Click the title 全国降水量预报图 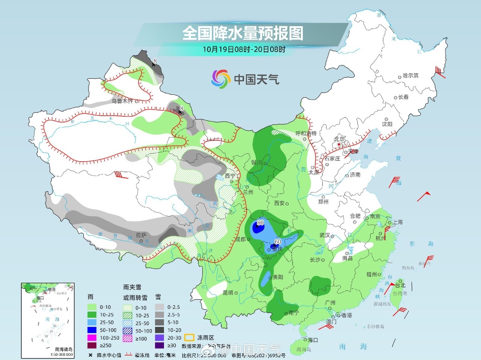pyautogui.click(x=242, y=33)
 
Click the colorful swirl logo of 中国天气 pyautogui.click(x=221, y=78)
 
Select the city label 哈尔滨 pyautogui.click(x=410, y=76)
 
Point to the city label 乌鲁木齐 pyautogui.click(x=122, y=101)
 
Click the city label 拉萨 pyautogui.click(x=141, y=235)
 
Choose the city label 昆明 pyautogui.click(x=228, y=293)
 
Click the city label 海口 pyautogui.click(x=312, y=340)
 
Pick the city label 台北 pyautogui.click(x=400, y=285)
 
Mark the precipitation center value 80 pyautogui.click(x=260, y=222)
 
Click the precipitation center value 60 pyautogui.click(x=278, y=241)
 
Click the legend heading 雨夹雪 pyautogui.click(x=131, y=287)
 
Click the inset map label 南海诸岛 pyautogui.click(x=64, y=349)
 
